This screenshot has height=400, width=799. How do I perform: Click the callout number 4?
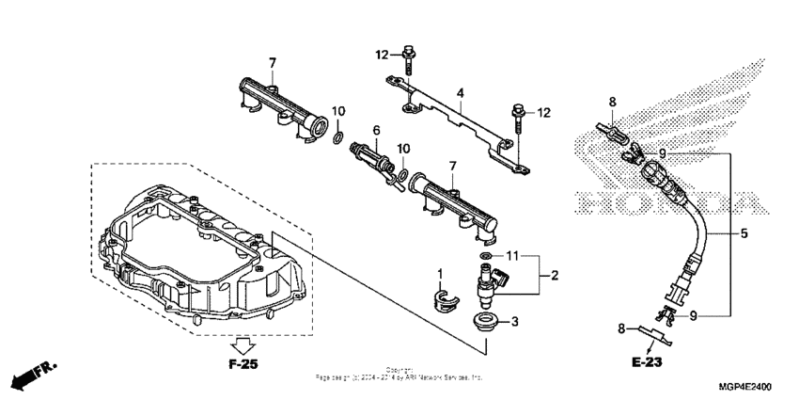461,93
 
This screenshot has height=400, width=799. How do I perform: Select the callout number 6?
377,129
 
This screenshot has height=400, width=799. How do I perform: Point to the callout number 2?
555,275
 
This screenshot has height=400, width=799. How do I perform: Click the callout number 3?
514,322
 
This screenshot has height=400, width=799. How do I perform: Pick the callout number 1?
438,274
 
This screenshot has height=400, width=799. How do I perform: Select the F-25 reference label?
243,361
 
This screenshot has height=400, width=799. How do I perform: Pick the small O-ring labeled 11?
485,255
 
